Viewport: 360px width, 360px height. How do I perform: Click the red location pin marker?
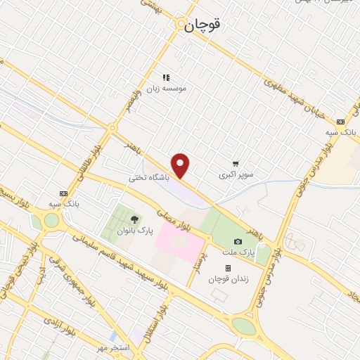click(181, 166)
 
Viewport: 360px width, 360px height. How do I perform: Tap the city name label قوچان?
click(202, 25)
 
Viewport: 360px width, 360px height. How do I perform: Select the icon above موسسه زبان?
click(166, 77)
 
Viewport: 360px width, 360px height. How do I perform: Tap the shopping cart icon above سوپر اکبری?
click(235, 163)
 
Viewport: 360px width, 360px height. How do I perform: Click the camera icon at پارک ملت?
click(238, 241)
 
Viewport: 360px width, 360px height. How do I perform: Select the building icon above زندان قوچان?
click(228, 268)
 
